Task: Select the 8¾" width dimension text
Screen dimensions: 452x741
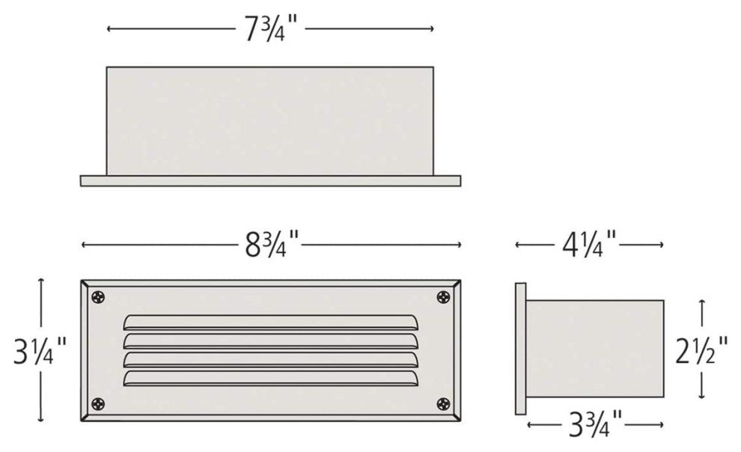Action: tap(271, 245)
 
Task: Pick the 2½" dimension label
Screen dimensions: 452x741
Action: tap(701, 349)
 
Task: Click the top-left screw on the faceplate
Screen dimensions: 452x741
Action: tap(98, 298)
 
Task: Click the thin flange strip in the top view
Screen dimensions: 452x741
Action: tap(270, 180)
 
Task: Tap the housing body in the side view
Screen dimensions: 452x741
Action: tap(596, 348)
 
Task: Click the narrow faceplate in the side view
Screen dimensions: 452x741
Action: tap(521, 348)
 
